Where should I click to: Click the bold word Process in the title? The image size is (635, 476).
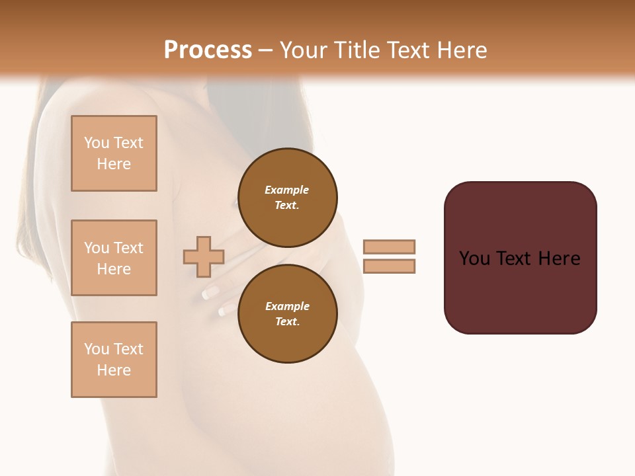pyautogui.click(x=208, y=50)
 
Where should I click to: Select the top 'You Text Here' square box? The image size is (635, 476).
pyautogui.click(x=114, y=153)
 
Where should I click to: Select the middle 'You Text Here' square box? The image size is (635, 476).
pyautogui.click(x=114, y=258)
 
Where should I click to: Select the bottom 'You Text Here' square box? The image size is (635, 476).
pyautogui.click(x=114, y=360)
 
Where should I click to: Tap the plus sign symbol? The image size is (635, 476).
pyautogui.click(x=203, y=257)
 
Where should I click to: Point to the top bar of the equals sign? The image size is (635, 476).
pyautogui.click(x=389, y=247)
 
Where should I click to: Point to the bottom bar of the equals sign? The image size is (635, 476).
pyautogui.click(x=389, y=266)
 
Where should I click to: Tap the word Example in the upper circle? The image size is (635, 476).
pyautogui.click(x=287, y=190)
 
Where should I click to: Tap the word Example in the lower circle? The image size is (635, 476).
pyautogui.click(x=287, y=306)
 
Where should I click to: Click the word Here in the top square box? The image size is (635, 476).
pyautogui.click(x=114, y=164)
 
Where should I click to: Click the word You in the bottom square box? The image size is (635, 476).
pyautogui.click(x=97, y=349)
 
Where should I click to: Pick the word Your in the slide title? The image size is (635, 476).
pyautogui.click(x=305, y=50)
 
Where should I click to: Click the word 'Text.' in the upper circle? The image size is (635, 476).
pyautogui.click(x=287, y=205)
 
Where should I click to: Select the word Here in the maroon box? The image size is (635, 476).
pyautogui.click(x=560, y=258)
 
